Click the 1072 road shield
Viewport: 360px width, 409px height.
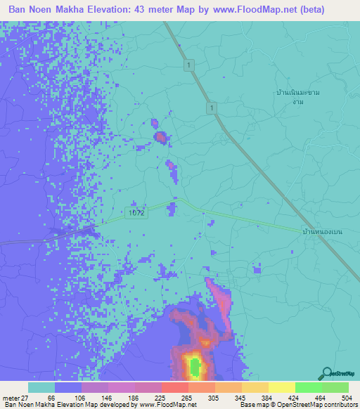pyautogui.click(x=137, y=212)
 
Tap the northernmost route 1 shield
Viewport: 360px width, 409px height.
pyautogui.click(x=189, y=65)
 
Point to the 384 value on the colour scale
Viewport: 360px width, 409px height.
pyautogui.click(x=269, y=397)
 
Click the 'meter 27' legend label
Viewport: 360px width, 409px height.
pyautogui.click(x=13, y=397)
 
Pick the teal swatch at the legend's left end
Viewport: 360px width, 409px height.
pyautogui.click(x=41, y=387)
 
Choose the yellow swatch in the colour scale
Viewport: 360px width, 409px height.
pyautogui.click(x=281, y=387)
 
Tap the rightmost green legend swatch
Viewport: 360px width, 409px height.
pyautogui.click(x=335, y=387)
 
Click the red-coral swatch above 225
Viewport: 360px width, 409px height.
pyautogui.click(x=174, y=387)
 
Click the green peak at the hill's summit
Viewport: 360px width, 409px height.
pyautogui.click(x=193, y=366)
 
